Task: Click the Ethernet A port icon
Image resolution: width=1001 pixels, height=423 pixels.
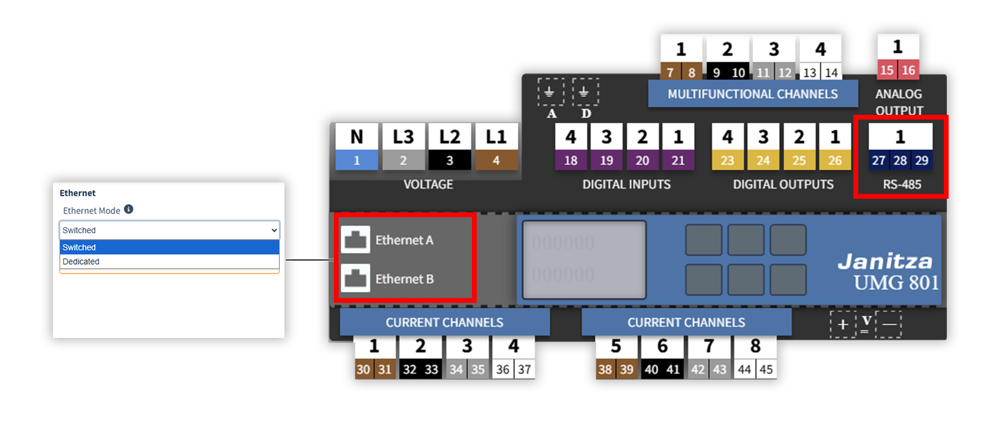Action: [x=355, y=240]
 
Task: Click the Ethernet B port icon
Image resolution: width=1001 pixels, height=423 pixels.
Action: [x=355, y=278]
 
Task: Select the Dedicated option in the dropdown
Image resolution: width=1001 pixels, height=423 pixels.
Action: [x=81, y=262]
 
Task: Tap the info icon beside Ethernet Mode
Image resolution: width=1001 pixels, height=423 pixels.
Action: [x=129, y=209]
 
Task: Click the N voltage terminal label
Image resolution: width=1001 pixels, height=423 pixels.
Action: [x=356, y=137]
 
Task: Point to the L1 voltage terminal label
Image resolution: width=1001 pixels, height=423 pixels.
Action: [x=496, y=137]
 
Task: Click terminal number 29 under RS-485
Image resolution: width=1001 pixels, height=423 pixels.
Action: [x=921, y=161]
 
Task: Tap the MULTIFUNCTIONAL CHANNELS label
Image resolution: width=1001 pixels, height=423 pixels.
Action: [x=752, y=94]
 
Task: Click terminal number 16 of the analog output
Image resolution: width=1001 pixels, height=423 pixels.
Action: [x=908, y=70]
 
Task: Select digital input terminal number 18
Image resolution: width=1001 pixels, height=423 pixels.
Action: [x=571, y=161]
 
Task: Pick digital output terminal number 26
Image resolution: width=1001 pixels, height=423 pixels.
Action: [x=834, y=161]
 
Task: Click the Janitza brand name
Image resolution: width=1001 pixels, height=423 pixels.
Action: [x=885, y=261]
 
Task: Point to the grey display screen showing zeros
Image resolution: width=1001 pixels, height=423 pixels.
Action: [x=584, y=259]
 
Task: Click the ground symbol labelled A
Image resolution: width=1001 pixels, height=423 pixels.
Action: [x=550, y=92]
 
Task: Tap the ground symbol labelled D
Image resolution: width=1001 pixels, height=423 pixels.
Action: [x=585, y=92]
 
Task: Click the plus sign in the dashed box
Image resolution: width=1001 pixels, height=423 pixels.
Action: [x=843, y=324]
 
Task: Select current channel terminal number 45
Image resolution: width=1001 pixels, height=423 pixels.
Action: [x=766, y=369]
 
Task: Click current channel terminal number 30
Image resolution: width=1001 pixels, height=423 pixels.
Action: [x=363, y=369]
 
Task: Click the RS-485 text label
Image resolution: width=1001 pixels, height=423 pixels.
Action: [x=902, y=184]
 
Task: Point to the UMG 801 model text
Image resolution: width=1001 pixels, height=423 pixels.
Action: [x=896, y=283]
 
